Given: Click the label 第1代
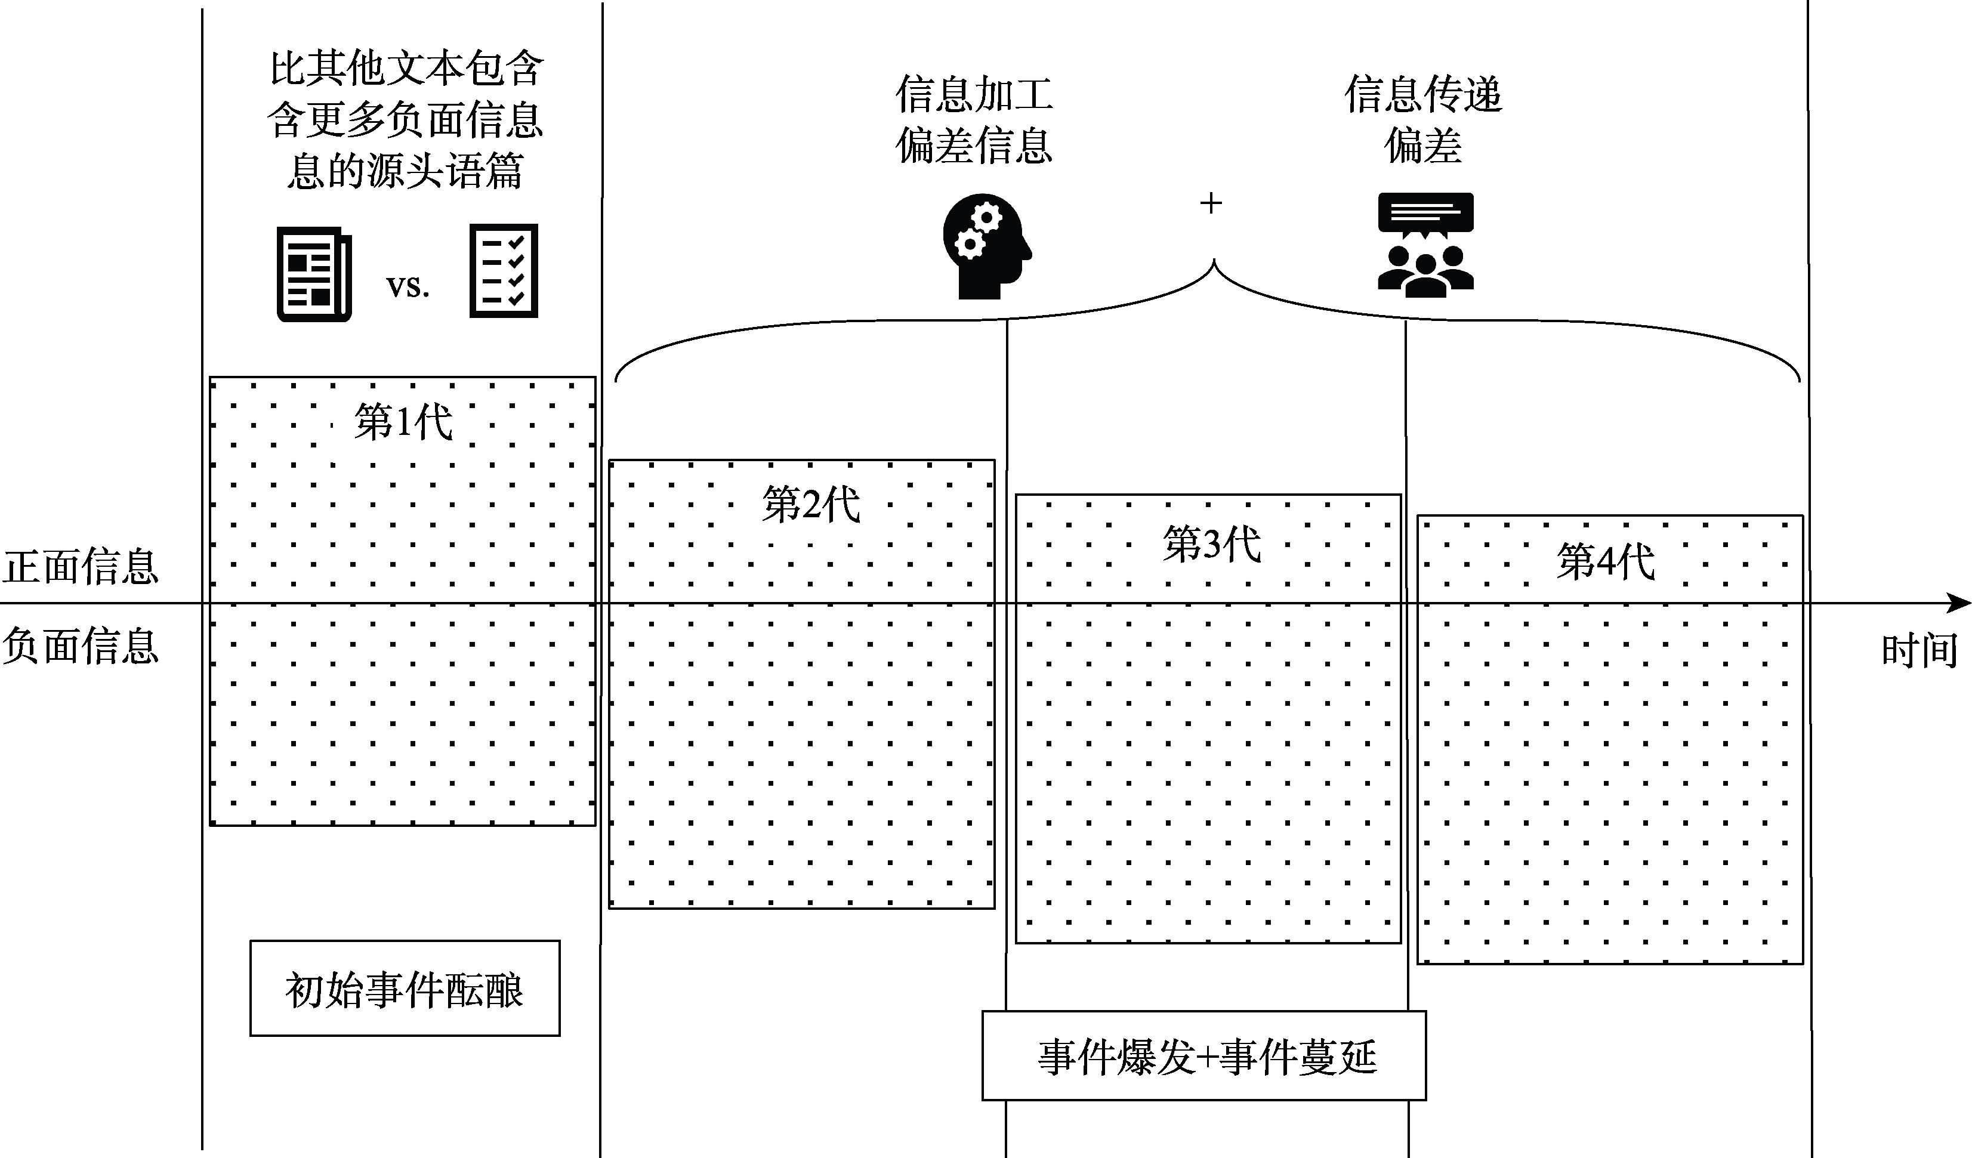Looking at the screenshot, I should coord(403,422).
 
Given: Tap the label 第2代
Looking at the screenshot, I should coord(811,504).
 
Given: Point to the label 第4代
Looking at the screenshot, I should coord(1606,562).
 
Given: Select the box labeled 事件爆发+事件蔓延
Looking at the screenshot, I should coord(1204,1057).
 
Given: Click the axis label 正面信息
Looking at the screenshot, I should coord(80,567).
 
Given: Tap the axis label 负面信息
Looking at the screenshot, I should coord(80,646).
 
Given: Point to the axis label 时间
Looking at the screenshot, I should coord(1919,651).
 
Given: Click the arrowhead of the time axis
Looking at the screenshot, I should coord(1959,603).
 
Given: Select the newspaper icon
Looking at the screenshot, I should coord(314,274).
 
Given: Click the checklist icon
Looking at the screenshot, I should coord(503,271).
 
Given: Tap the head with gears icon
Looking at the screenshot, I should coord(986,246).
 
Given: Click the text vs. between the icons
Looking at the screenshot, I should coord(408,286).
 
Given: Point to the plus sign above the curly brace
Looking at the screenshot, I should coord(1211,203).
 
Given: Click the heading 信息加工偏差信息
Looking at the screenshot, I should coord(974,120).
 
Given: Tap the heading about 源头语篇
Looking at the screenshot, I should coord(405,120).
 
